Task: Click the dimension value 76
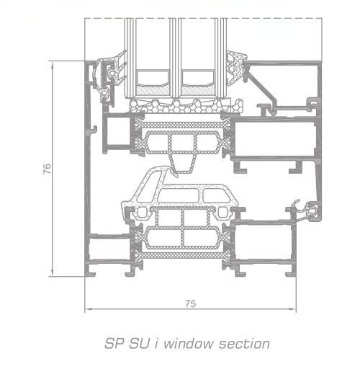tap(48, 169)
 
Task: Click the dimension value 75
tap(191, 304)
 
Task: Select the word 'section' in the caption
tap(244, 343)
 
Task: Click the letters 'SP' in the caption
tap(114, 343)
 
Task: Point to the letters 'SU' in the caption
tap(139, 343)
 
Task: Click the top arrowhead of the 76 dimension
tap(52, 64)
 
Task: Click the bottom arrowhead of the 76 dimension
tap(52, 273)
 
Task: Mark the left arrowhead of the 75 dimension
tap(89, 308)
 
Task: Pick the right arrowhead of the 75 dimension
tap(292, 308)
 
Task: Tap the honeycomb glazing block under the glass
tap(186, 106)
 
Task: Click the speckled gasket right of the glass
tap(236, 68)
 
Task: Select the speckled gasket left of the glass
tap(115, 68)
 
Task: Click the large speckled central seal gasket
tap(178, 192)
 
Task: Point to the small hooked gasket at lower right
tap(306, 210)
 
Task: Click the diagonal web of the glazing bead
tap(261, 89)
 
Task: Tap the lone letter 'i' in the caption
tap(156, 343)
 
